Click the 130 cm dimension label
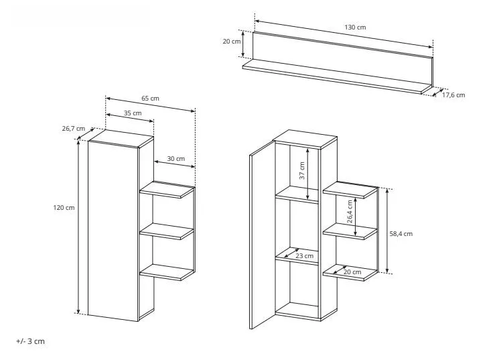pos(355,27)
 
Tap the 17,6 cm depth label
pos(453,95)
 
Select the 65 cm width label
pos(150,99)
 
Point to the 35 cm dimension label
pos(133,113)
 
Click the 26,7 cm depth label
pos(74,129)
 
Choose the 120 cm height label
pos(64,208)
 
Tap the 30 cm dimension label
pos(176,159)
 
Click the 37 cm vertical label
pos(302,170)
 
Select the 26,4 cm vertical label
pos(350,212)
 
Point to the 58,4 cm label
pos(401,234)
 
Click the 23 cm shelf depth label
pos(305,256)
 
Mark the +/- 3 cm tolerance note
pos(31,341)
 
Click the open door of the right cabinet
pos(263,235)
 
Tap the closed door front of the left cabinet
pos(113,231)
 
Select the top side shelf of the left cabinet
pos(167,190)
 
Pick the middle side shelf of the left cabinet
pos(167,231)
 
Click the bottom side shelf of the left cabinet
pos(167,272)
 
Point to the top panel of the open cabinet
pos(305,139)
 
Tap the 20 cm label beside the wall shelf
pos(232,42)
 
